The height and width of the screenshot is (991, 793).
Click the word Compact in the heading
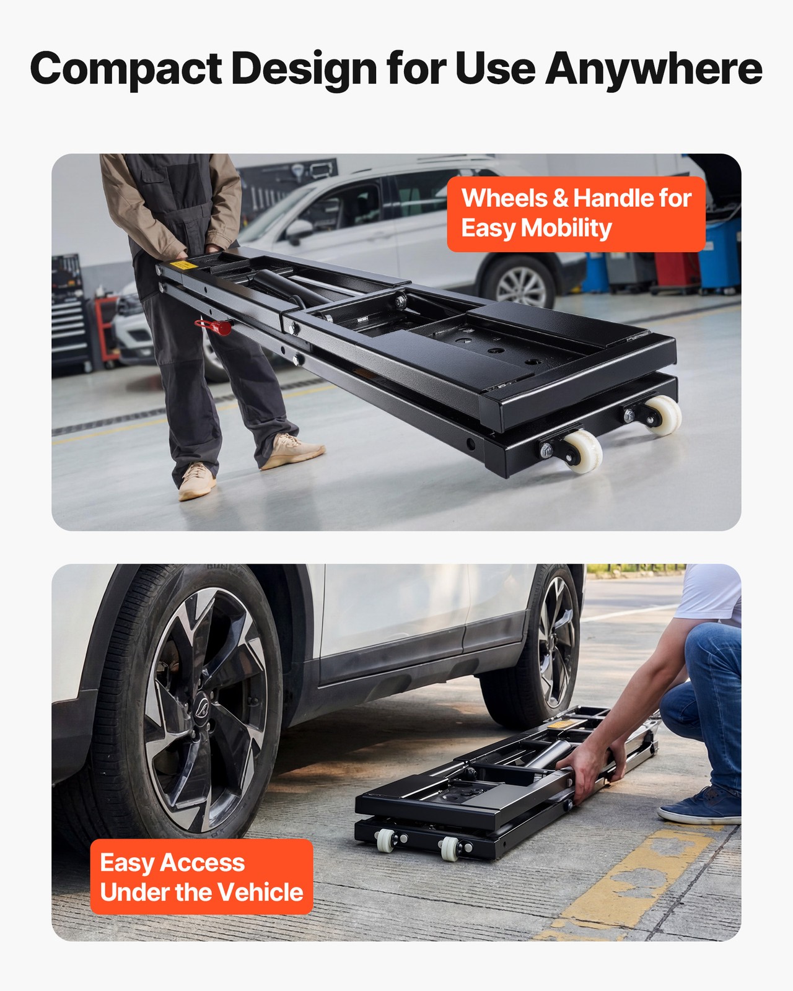click(x=126, y=69)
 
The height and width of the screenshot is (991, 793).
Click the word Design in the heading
click(x=304, y=69)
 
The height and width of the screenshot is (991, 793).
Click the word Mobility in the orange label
click(x=566, y=228)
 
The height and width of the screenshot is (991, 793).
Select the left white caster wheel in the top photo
click(x=582, y=452)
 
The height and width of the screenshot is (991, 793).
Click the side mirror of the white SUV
click(x=299, y=230)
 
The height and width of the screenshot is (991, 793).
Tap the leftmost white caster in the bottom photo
click(x=386, y=840)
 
